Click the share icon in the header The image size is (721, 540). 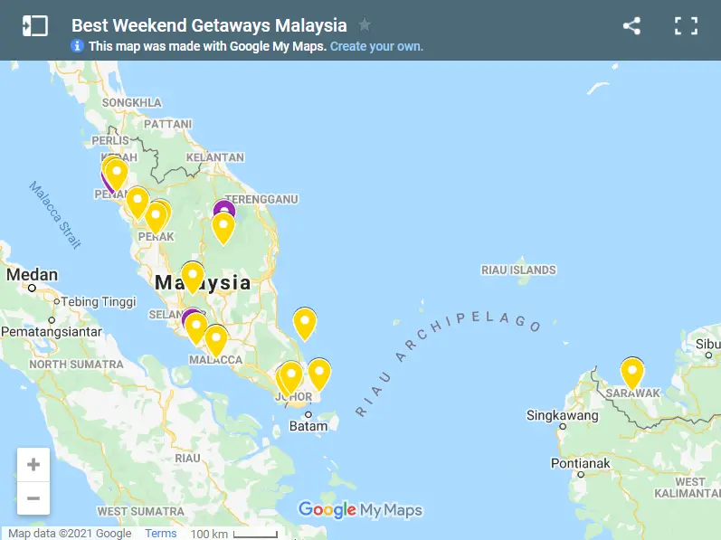[631, 26]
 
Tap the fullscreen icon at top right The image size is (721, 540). [686, 26]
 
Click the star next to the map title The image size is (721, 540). [365, 24]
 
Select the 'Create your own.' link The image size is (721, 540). [376, 46]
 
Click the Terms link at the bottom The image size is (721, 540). [161, 533]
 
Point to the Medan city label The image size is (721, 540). [33, 275]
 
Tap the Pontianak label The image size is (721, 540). [581, 463]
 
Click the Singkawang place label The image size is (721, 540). [563, 416]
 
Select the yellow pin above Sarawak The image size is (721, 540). [631, 371]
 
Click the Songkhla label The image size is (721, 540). [132, 102]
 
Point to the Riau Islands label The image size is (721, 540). [518, 270]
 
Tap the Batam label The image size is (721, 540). [308, 426]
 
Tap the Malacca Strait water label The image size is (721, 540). [55, 215]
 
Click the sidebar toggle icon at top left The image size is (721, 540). [34, 26]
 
